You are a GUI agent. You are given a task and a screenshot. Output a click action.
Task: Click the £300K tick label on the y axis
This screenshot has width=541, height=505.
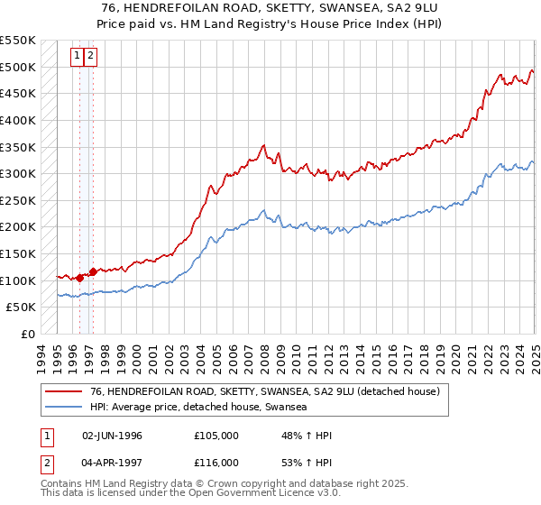click(18, 173)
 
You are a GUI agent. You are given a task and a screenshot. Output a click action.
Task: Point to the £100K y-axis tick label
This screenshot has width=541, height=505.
click(18, 280)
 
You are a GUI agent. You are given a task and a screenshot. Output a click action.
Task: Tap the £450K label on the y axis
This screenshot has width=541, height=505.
click(18, 93)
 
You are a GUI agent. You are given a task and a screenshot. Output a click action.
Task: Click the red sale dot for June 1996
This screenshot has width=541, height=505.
click(79, 278)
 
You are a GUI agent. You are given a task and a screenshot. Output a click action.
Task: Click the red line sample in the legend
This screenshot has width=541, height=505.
click(62, 391)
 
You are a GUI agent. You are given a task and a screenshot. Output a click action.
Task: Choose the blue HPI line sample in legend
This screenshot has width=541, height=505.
click(62, 408)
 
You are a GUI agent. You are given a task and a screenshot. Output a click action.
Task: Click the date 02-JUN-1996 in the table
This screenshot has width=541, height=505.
click(112, 436)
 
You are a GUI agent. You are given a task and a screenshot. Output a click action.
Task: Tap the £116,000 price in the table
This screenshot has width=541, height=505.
click(215, 462)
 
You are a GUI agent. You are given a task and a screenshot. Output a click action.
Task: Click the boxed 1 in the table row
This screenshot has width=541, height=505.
click(44, 436)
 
